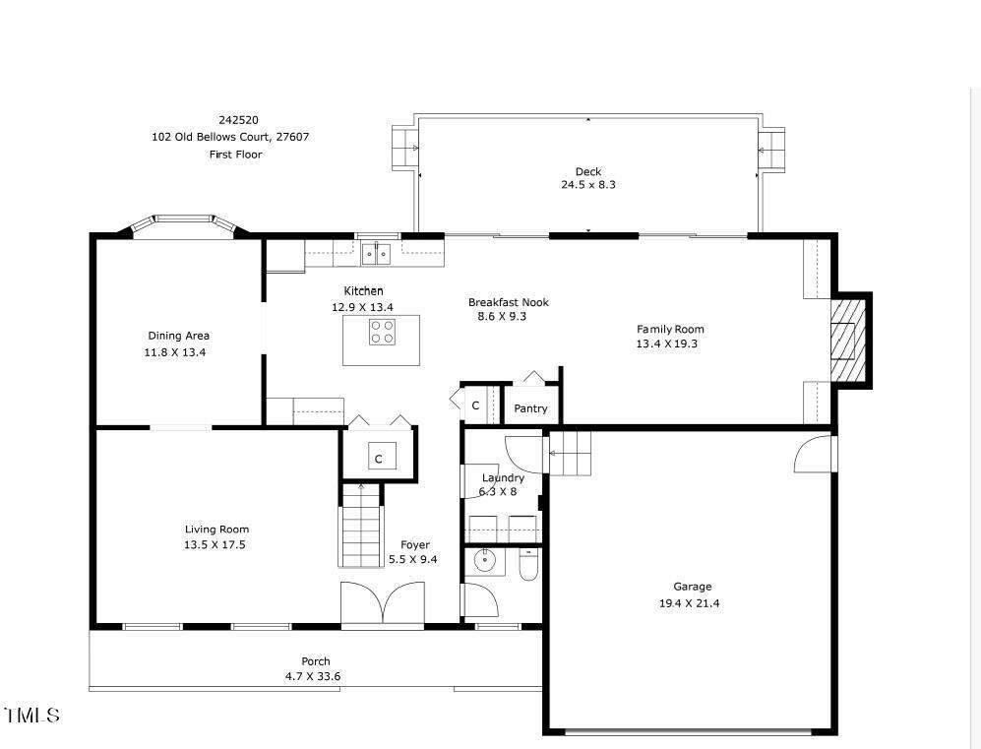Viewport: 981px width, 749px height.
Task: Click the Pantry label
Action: point(530,408)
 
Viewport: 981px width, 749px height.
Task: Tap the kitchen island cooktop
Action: point(382,333)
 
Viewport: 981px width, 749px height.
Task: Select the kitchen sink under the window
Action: point(376,255)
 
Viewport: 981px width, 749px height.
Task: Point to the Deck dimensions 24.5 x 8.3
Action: point(588,185)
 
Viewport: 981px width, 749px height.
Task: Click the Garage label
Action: point(692,587)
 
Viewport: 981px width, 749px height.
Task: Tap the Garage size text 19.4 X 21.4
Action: point(689,603)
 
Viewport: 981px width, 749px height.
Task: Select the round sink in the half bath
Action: point(485,562)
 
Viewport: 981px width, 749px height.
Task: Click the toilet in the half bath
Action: point(528,565)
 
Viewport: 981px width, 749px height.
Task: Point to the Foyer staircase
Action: point(361,527)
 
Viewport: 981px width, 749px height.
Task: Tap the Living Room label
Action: point(216,530)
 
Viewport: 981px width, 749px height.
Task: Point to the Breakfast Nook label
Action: point(508,302)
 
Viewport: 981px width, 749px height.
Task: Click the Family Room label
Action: point(670,330)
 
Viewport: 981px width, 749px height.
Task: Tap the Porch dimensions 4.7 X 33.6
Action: point(315,676)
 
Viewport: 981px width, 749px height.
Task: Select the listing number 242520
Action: point(238,120)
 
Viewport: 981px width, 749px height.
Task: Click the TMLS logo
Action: point(32,715)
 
